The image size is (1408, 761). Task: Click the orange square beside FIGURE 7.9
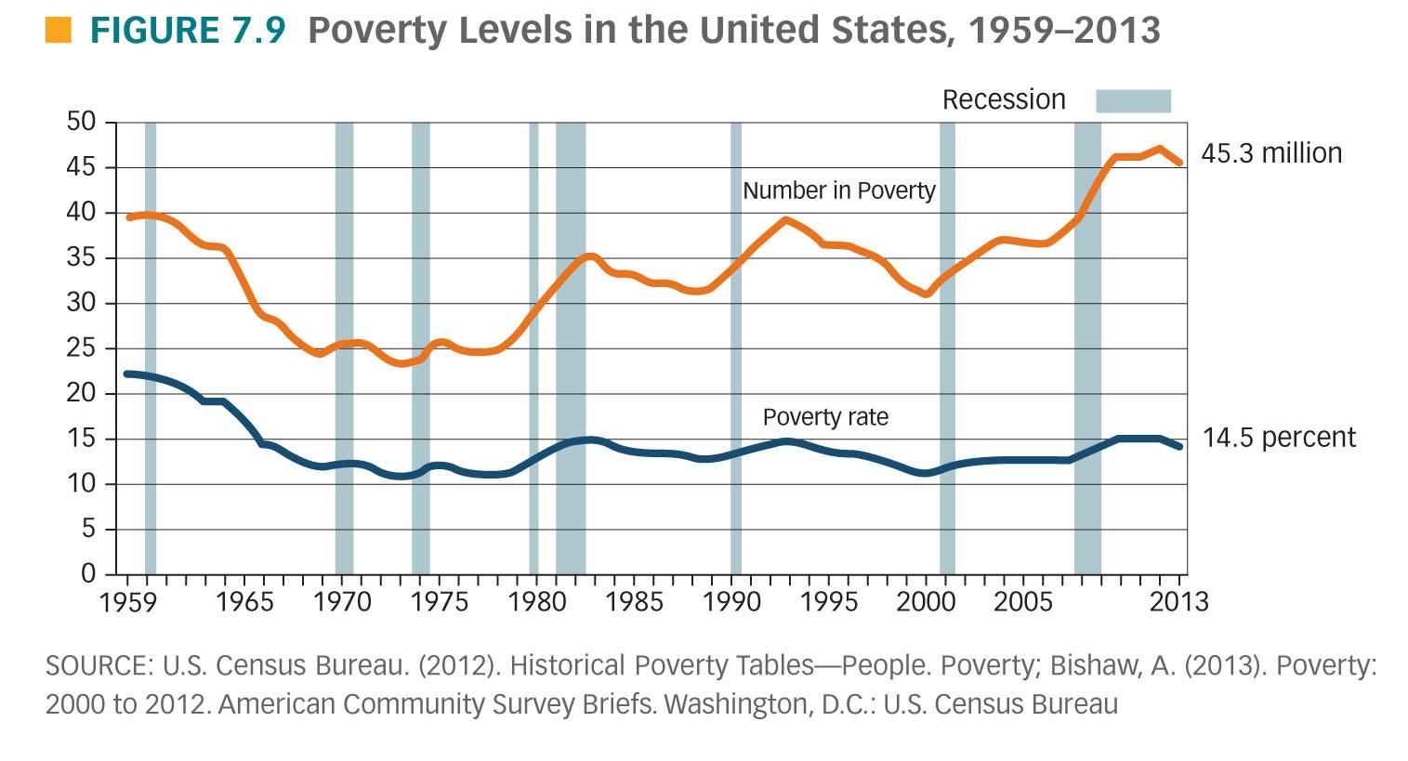(58, 31)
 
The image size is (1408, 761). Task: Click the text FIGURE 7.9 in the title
(188, 31)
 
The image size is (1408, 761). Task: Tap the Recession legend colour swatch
(1133, 100)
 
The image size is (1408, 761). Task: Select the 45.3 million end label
(1271, 153)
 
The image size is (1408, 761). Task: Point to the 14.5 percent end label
(1279, 437)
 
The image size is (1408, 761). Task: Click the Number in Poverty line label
(838, 190)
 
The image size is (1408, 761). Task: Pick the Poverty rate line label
(825, 417)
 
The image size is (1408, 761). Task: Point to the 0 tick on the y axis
(89, 573)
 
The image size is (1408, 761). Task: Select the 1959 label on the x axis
(127, 602)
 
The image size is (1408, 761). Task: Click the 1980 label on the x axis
(538, 602)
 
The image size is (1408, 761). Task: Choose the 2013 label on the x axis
(1179, 602)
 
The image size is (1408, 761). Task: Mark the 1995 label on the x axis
(829, 602)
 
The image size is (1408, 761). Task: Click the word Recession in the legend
(1004, 100)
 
